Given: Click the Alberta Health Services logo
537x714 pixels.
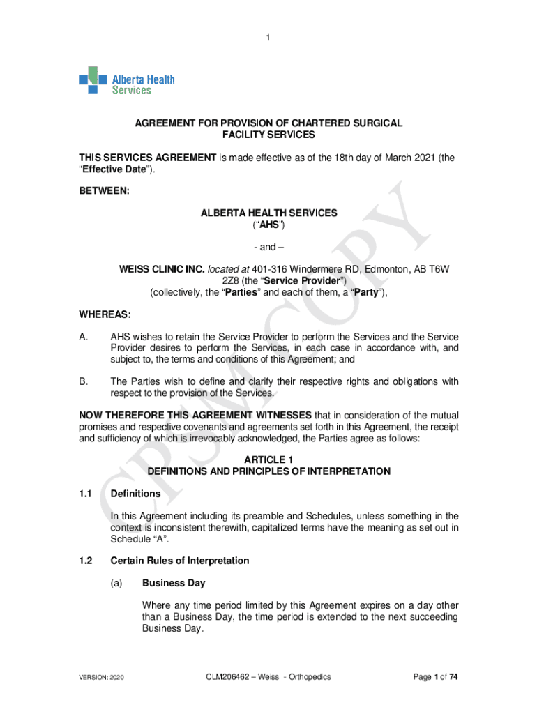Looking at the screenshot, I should [x=126, y=80].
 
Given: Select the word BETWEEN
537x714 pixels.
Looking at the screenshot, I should [x=104, y=190].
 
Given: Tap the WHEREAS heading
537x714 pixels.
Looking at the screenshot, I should [x=105, y=316].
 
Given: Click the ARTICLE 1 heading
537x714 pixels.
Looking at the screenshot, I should [x=268, y=459].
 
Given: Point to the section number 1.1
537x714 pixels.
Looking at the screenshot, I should [x=86, y=494].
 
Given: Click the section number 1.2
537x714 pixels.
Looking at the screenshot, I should [x=86, y=561].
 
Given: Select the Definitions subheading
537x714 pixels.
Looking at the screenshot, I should [x=135, y=494].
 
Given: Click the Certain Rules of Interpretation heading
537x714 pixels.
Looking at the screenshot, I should [x=179, y=561].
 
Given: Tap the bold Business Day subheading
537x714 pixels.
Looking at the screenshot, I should [x=173, y=583].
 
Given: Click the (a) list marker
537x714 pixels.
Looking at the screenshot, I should [x=117, y=583].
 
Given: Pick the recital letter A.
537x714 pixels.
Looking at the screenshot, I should [x=83, y=337].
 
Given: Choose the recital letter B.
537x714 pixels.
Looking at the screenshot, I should [x=83, y=381].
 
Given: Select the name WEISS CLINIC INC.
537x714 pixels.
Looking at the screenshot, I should [x=162, y=270].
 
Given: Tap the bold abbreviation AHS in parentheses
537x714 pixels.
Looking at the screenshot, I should [x=268, y=225].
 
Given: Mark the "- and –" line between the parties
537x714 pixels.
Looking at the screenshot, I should [x=268, y=248].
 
